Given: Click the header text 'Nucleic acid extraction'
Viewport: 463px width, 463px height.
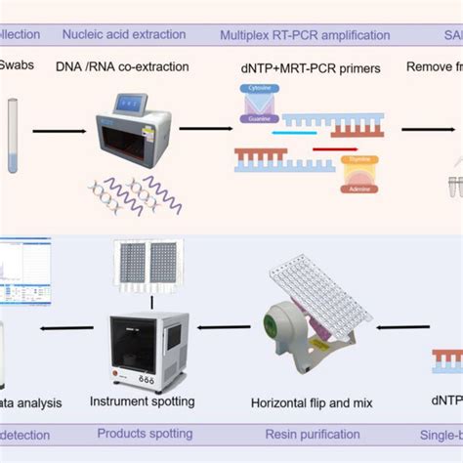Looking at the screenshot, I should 123,35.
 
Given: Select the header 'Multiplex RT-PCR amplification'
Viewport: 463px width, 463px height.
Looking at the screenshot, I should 304,36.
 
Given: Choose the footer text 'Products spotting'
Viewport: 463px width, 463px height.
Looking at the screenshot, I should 144,433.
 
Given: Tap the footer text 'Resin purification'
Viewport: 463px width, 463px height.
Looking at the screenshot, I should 310,433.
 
